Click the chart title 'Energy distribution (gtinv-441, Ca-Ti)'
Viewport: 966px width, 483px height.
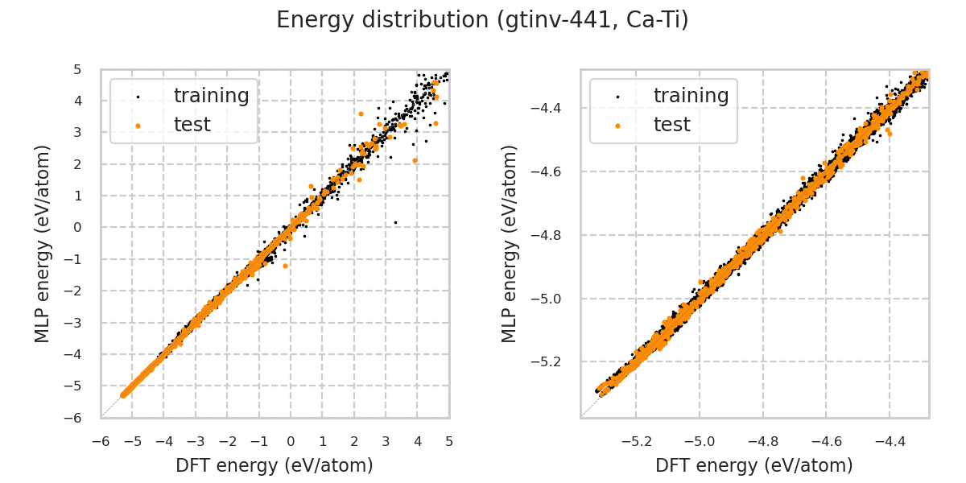[x=482, y=20]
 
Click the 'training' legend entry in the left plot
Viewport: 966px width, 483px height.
[x=211, y=96]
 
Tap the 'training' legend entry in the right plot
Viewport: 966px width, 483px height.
[x=691, y=96]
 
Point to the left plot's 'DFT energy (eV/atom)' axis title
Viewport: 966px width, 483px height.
[x=275, y=465]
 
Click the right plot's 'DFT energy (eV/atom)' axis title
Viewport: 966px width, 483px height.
[x=754, y=465]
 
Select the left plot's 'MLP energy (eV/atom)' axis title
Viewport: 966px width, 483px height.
[x=43, y=243]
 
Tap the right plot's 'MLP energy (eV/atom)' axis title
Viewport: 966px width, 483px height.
[x=510, y=243]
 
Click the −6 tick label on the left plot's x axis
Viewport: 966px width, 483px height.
[x=101, y=441]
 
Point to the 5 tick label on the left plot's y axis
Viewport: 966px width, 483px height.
[x=77, y=70]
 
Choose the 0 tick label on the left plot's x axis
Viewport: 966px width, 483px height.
[x=291, y=441]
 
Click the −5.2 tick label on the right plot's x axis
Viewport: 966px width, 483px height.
[x=635, y=441]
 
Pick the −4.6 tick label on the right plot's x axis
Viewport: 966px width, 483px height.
[x=826, y=441]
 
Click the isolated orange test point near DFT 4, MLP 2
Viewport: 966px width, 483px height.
[x=415, y=160]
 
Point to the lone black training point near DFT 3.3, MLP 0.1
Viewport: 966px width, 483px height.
[x=395, y=222]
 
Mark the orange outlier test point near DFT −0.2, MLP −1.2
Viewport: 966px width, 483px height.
[x=285, y=266]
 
